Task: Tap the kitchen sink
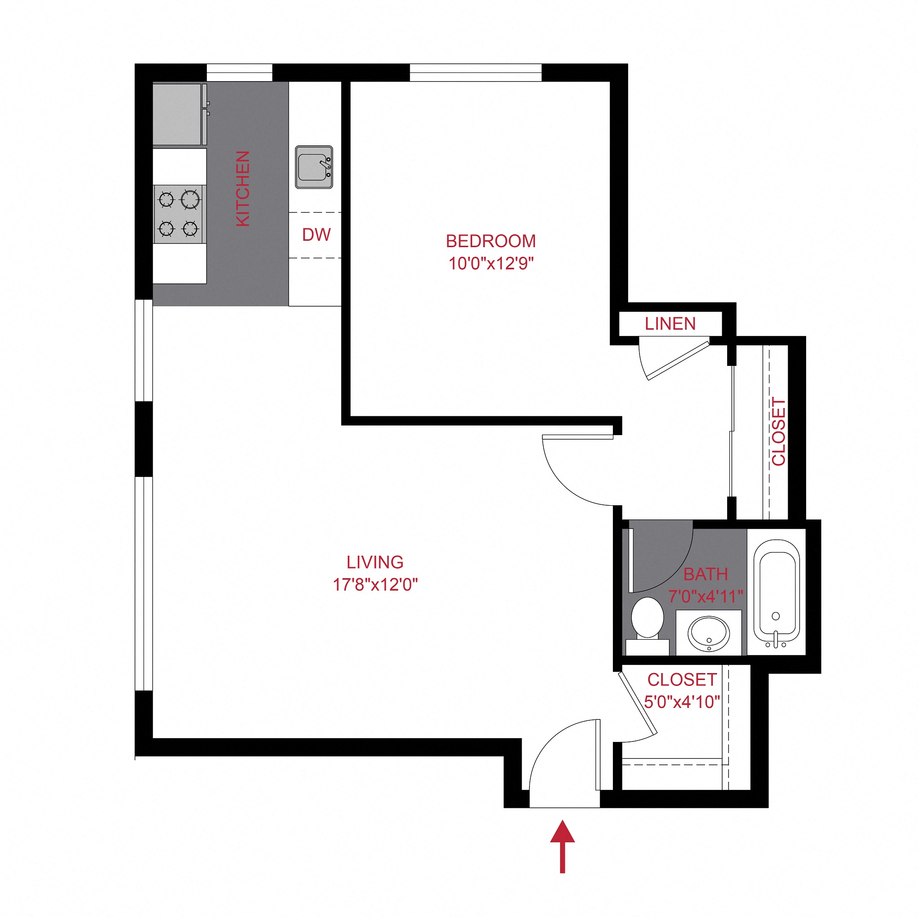[x=314, y=167]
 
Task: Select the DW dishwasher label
[x=316, y=235]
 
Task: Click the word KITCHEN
[x=243, y=188]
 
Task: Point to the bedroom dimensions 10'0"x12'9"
[x=491, y=263]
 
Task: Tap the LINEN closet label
[x=669, y=324]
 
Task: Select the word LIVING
[x=374, y=562]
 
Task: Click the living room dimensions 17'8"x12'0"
[x=374, y=584]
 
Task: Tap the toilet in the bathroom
[x=647, y=619]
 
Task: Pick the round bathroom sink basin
[x=708, y=634]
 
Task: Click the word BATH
[x=705, y=574]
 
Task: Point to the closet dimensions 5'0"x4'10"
[x=682, y=702]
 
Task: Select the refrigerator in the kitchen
[x=177, y=115]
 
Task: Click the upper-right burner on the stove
[x=190, y=199]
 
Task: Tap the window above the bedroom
[x=475, y=72]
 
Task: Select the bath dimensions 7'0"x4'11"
[x=705, y=597]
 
